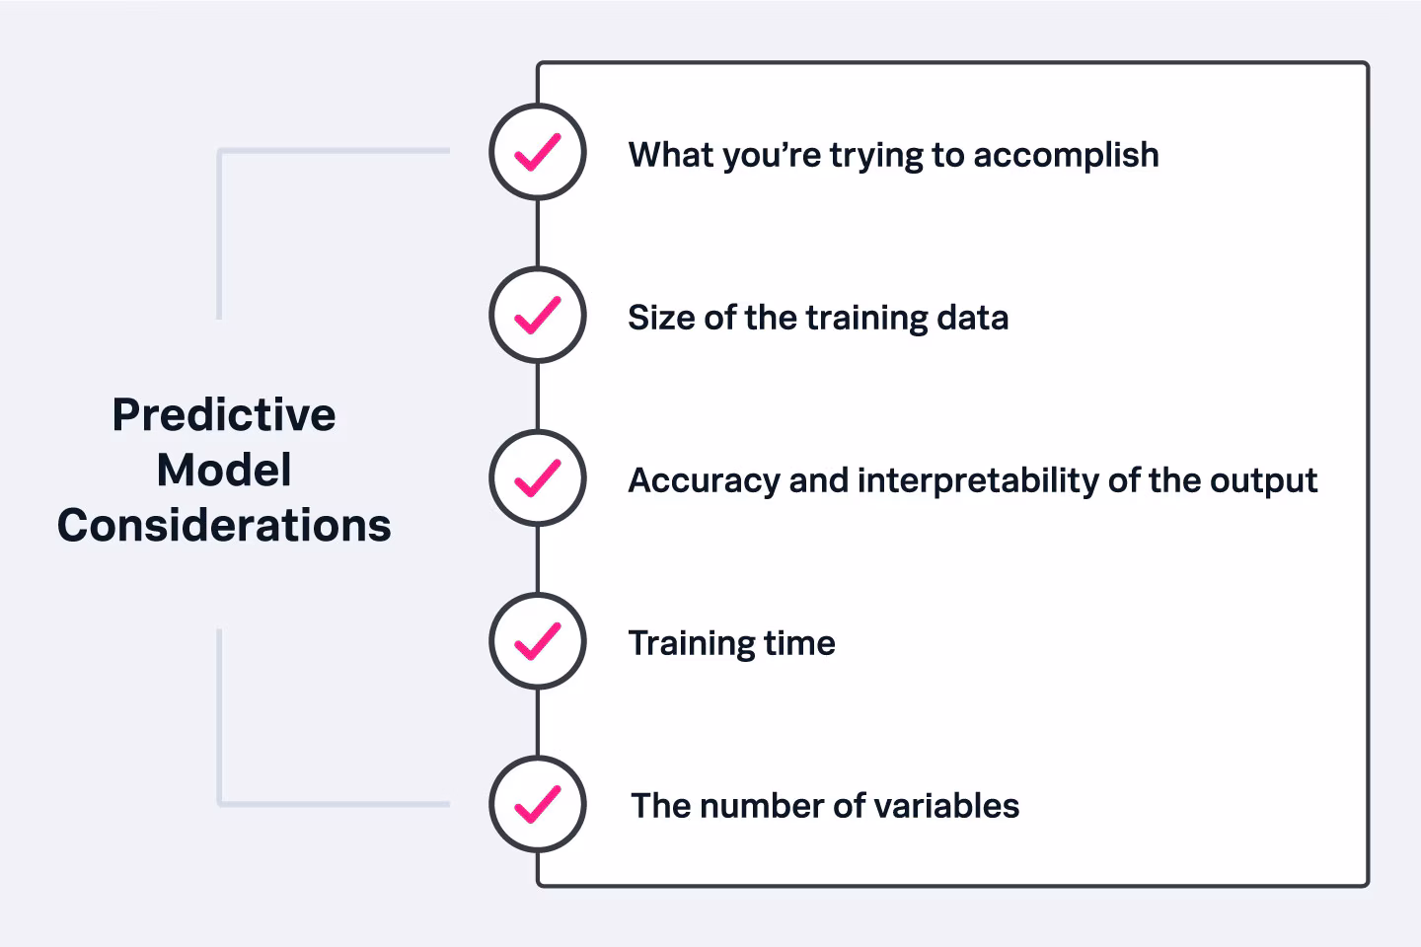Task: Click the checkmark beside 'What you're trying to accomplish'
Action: (x=538, y=153)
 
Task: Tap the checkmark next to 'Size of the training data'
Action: (x=538, y=316)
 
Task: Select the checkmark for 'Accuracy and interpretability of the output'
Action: (x=538, y=478)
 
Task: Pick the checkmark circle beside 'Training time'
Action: (x=538, y=641)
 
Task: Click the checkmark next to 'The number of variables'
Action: (x=538, y=804)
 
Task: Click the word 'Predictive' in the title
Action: (x=224, y=415)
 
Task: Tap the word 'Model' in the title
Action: (x=224, y=471)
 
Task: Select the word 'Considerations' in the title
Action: (x=224, y=526)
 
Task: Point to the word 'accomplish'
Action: (x=1066, y=155)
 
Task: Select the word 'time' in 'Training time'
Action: (x=799, y=643)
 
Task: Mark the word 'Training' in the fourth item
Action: (x=691, y=644)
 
